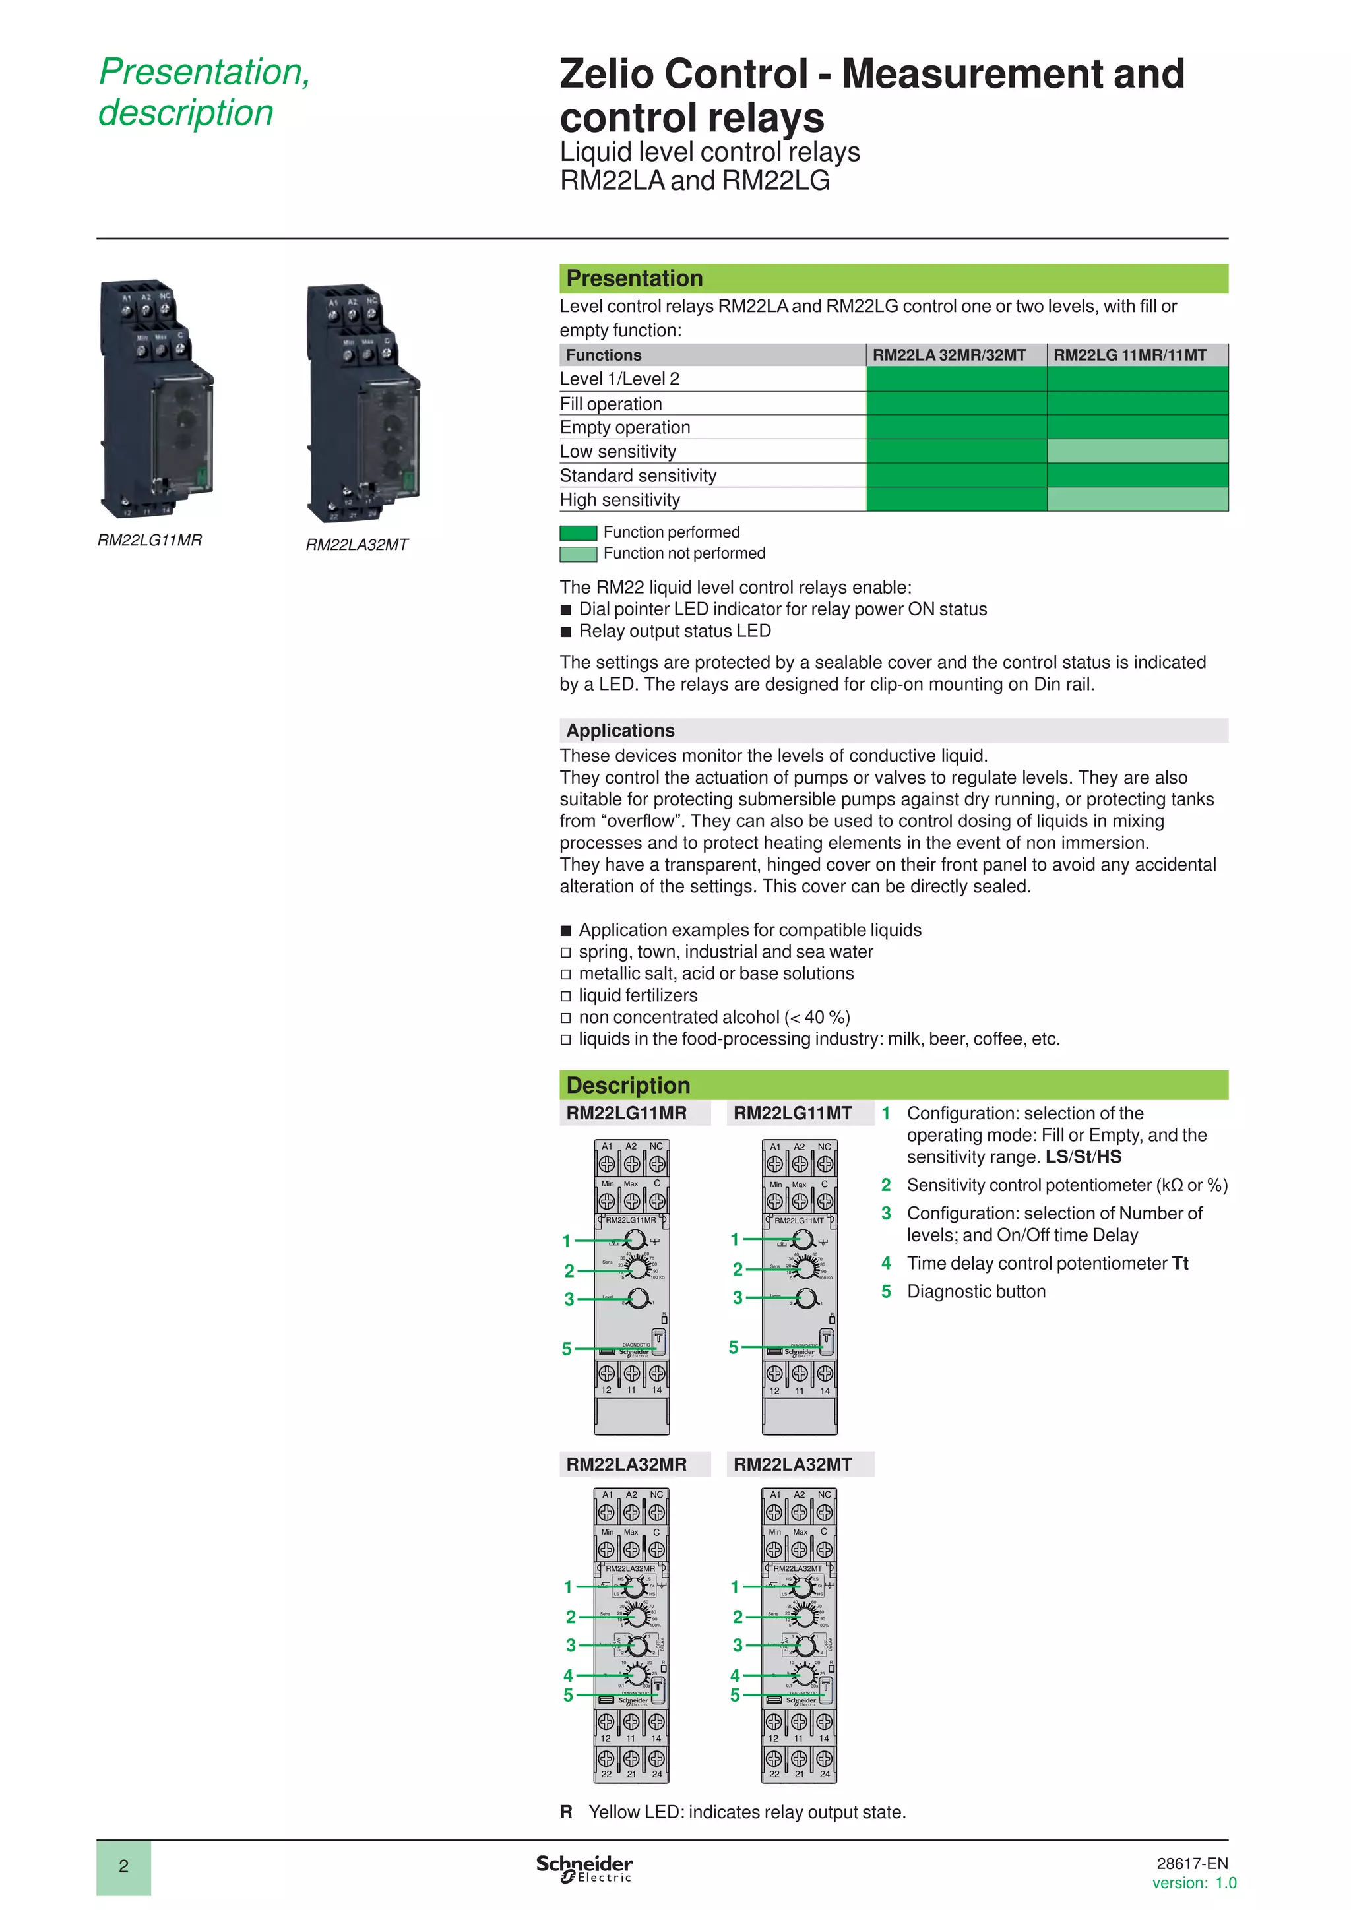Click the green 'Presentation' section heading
(634, 279)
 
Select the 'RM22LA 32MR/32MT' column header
(949, 355)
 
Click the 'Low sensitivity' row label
(617, 452)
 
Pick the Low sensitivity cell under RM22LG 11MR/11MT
(1137, 451)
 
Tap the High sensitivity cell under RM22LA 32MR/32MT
(956, 499)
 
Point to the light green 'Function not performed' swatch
(578, 554)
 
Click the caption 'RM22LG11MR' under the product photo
(150, 541)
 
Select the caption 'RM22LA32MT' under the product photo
(357, 545)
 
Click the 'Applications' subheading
(620, 730)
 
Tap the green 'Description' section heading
(628, 1086)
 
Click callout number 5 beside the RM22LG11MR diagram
(567, 1349)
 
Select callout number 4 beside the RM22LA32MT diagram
(735, 1675)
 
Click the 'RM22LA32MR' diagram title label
(627, 1464)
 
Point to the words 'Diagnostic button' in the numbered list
(976, 1292)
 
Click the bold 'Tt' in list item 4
(1179, 1264)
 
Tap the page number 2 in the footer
(123, 1866)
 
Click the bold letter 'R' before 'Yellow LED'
(566, 1812)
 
